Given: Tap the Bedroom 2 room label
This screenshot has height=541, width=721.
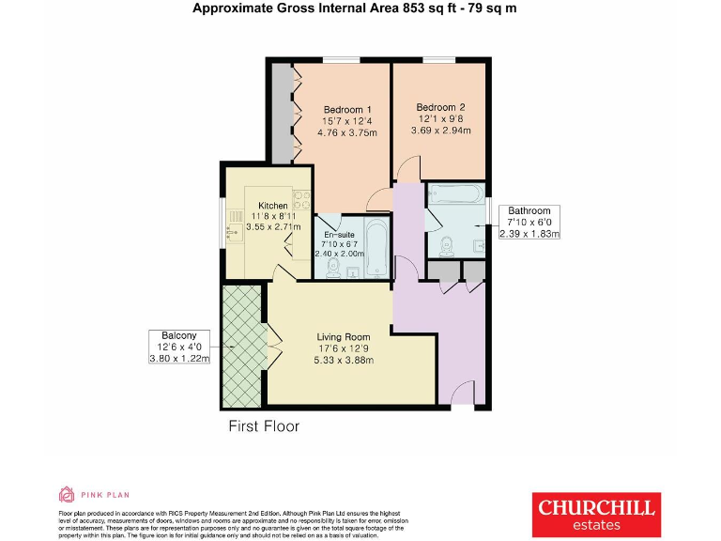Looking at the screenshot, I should coord(440,107).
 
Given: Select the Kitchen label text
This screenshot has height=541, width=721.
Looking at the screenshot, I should coord(273,206).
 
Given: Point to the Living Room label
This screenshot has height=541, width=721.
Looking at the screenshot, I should coord(343,337).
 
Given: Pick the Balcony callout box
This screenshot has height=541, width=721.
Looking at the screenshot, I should coord(179,347).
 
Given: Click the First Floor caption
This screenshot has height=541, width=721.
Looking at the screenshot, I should coord(264,426).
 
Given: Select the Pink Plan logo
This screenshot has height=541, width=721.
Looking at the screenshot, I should coord(93,494).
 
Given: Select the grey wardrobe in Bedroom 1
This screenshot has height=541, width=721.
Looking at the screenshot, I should coord(282,113).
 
